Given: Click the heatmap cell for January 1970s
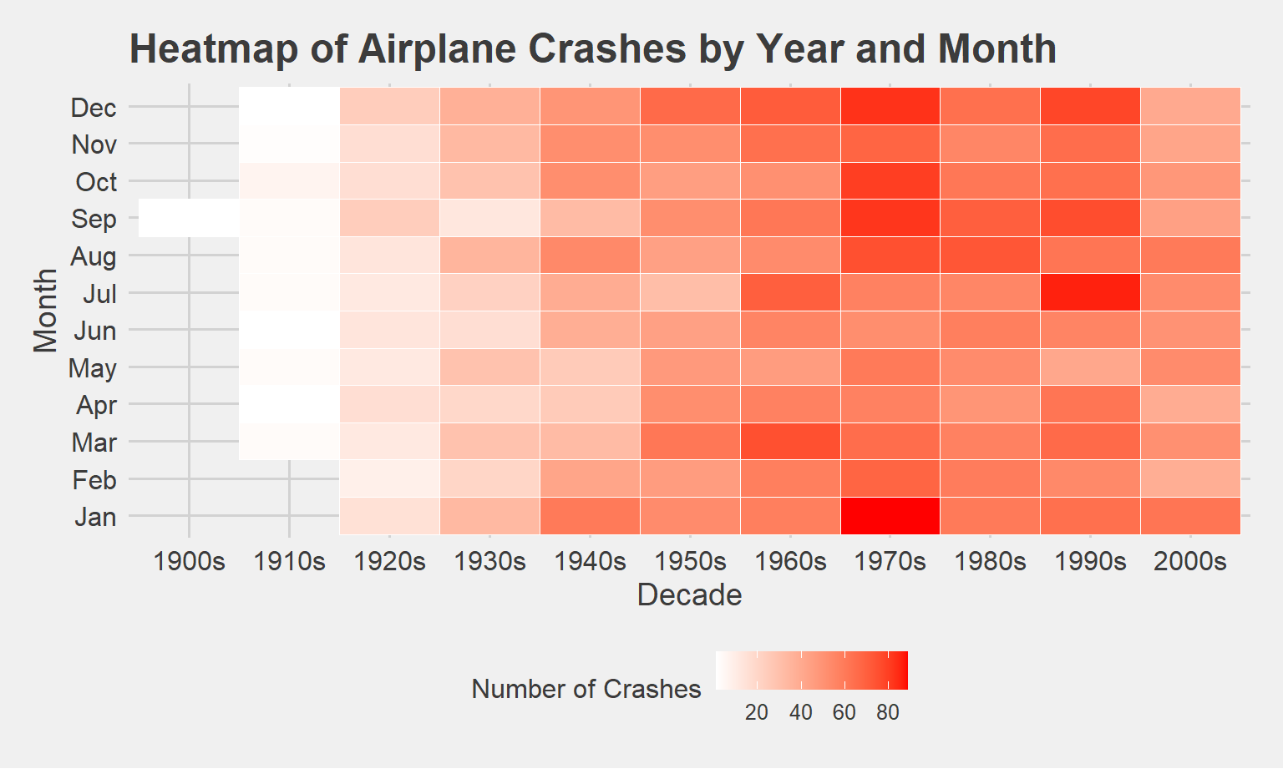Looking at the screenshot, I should click(x=890, y=516).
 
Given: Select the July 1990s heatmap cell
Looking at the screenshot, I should click(x=1090, y=293).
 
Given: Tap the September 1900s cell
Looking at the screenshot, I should click(x=189, y=218).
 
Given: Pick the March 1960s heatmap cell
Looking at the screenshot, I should click(x=790, y=442).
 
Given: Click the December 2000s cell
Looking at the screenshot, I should click(x=1190, y=107).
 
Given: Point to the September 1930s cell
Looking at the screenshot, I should click(x=489, y=218).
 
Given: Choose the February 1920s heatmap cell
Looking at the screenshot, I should click(x=389, y=479).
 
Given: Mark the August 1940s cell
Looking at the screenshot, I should click(x=590, y=255).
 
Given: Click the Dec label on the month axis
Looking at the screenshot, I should click(x=94, y=108).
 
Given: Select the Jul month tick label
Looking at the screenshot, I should click(x=99, y=294).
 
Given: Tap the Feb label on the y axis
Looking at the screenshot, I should click(x=94, y=480).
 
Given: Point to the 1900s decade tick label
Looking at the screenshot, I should click(x=190, y=561).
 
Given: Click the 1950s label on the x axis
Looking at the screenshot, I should click(x=690, y=561).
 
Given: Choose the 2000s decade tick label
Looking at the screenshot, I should click(x=1190, y=561).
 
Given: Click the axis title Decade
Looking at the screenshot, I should click(x=689, y=595).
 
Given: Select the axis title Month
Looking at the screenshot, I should click(x=45, y=311).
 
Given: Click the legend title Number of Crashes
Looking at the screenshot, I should click(x=586, y=689).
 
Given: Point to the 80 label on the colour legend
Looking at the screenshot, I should click(x=888, y=712).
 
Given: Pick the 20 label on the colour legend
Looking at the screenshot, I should click(x=757, y=712).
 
